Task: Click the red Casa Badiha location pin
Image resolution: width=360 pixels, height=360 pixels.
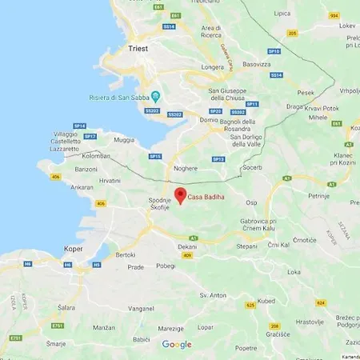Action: [180, 194]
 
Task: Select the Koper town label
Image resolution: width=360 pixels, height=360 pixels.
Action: [73, 249]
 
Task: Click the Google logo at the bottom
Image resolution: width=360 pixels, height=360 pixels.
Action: [177, 345]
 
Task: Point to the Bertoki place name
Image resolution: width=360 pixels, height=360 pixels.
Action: [126, 254]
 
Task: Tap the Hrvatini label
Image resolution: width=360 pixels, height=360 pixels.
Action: [110, 180]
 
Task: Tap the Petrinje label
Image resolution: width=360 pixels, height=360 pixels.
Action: [320, 194]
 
